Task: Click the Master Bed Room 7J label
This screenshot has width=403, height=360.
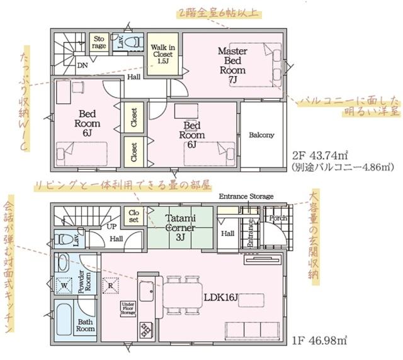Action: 232,64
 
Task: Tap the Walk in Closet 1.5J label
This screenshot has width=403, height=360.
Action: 162,55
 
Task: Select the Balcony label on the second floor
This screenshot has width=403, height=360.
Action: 261,135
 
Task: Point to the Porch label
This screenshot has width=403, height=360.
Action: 277,218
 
